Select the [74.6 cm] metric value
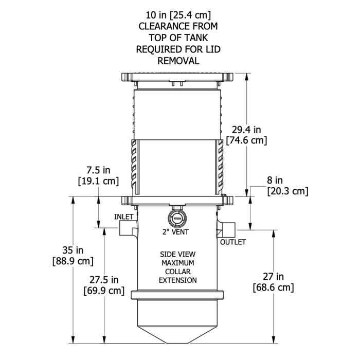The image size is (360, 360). click(x=245, y=140)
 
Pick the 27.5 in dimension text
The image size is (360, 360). click(x=103, y=280)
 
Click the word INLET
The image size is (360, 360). click(x=123, y=217)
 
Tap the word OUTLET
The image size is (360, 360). click(x=233, y=242)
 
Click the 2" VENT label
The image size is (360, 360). click(x=175, y=232)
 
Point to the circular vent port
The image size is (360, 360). click(x=176, y=217)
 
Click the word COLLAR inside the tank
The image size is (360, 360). click(x=177, y=272)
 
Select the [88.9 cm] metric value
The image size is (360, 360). click(x=73, y=261)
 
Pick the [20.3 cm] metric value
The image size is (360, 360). click(x=287, y=191)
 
